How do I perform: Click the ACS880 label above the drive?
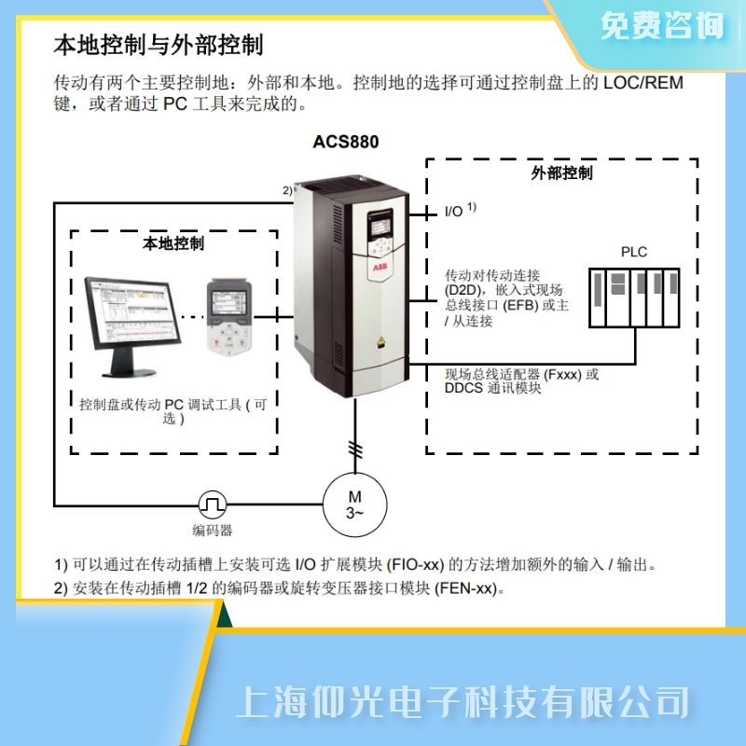pyautogui.click(x=346, y=142)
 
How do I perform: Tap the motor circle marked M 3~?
pyautogui.click(x=355, y=504)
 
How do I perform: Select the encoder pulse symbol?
pyautogui.click(x=213, y=504)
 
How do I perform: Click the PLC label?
pyautogui.click(x=634, y=252)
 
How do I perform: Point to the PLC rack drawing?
pyautogui.click(x=634, y=297)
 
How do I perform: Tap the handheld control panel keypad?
pyautogui.click(x=228, y=317)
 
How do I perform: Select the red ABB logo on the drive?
pyautogui.click(x=380, y=268)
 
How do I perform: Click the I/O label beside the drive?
pyautogui.click(x=453, y=212)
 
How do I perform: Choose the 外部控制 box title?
pyautogui.click(x=562, y=173)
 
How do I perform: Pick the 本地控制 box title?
pyautogui.click(x=173, y=243)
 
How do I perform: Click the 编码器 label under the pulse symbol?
pyautogui.click(x=213, y=531)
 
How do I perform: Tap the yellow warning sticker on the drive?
pyautogui.click(x=380, y=342)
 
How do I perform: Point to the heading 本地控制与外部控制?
pyautogui.click(x=159, y=45)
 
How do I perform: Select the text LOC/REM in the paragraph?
pyautogui.click(x=643, y=83)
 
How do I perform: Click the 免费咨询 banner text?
pyautogui.click(x=662, y=26)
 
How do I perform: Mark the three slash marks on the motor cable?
pyautogui.click(x=355, y=449)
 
